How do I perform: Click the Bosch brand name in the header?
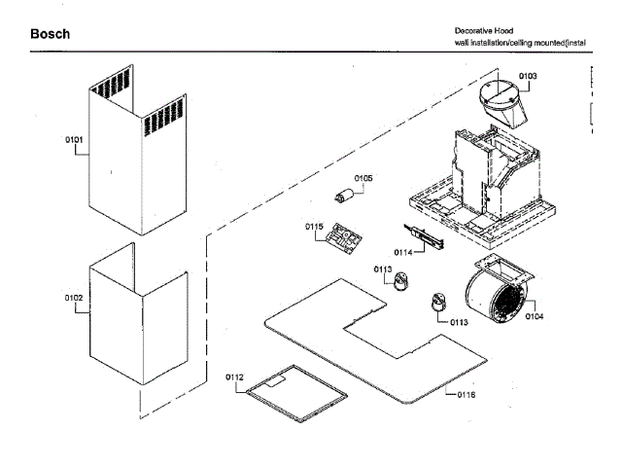50,34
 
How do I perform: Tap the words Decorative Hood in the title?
484,31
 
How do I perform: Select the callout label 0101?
74,140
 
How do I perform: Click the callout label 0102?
74,298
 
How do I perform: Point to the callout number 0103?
528,76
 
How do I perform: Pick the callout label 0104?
535,316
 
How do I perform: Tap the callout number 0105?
363,178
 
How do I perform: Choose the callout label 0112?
234,377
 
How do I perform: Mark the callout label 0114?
403,253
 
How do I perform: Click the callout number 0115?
314,227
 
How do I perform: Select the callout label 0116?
466,395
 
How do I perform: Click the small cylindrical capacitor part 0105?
343,197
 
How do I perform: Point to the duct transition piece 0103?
503,104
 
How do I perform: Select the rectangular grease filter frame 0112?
296,393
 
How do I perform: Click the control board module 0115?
343,238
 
